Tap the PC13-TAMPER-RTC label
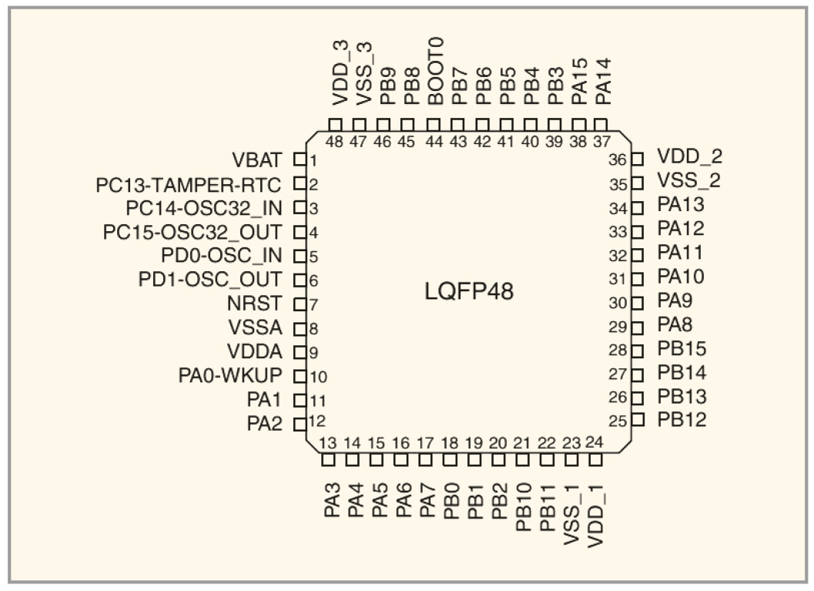coord(189,185)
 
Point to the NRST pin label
coord(262,304)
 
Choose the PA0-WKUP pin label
coord(231,376)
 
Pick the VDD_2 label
coord(689,158)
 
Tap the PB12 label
coord(682,421)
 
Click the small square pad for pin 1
coord(300,160)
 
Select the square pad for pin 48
coord(335,125)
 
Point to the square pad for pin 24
coord(595,460)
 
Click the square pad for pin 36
coord(637,160)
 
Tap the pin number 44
coord(434,142)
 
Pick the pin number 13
coord(328,443)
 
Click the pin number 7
coord(313,304)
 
